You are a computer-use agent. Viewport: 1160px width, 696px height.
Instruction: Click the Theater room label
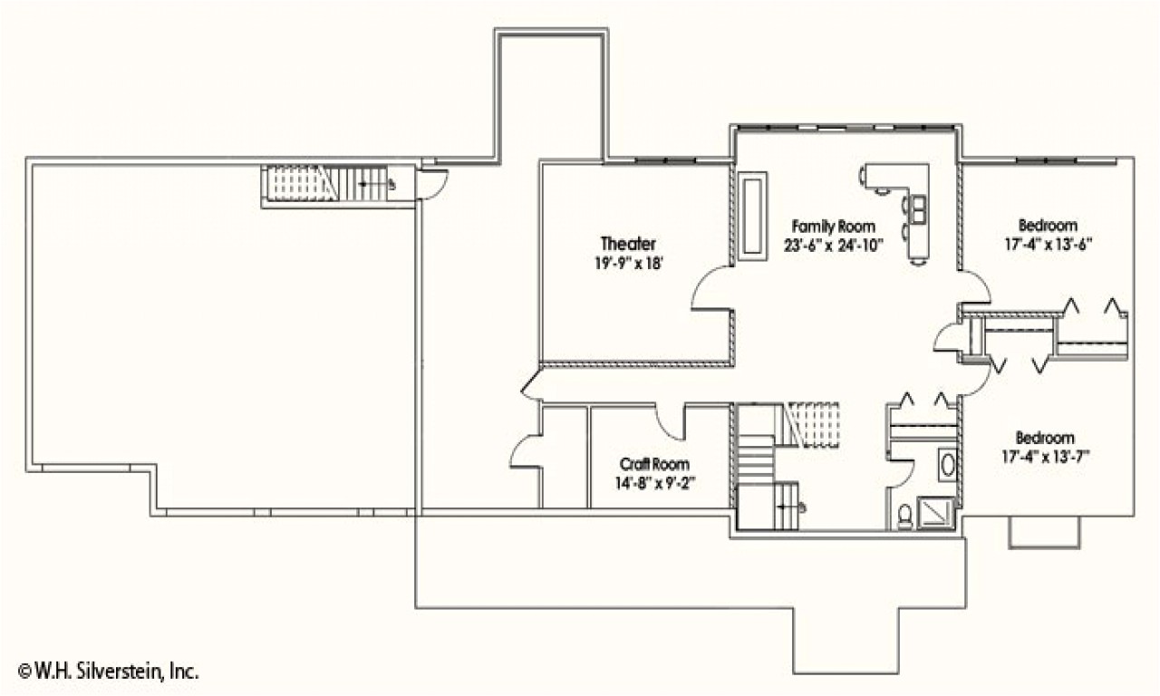(628, 244)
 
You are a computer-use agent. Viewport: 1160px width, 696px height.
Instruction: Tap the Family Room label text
(833, 227)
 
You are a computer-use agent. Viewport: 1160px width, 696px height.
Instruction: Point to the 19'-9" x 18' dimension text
(628, 264)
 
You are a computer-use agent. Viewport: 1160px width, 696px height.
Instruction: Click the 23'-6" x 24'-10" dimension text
(833, 245)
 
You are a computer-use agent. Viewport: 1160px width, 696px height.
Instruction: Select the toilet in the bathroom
(904, 515)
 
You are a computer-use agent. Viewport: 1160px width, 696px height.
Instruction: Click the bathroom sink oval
(947, 466)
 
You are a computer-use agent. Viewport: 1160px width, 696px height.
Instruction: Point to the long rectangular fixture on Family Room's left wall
(751, 216)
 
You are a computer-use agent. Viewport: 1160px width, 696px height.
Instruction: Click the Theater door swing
(711, 290)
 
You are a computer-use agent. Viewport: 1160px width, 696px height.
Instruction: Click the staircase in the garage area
(326, 184)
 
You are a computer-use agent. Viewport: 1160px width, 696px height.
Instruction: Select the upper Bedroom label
(1048, 226)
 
